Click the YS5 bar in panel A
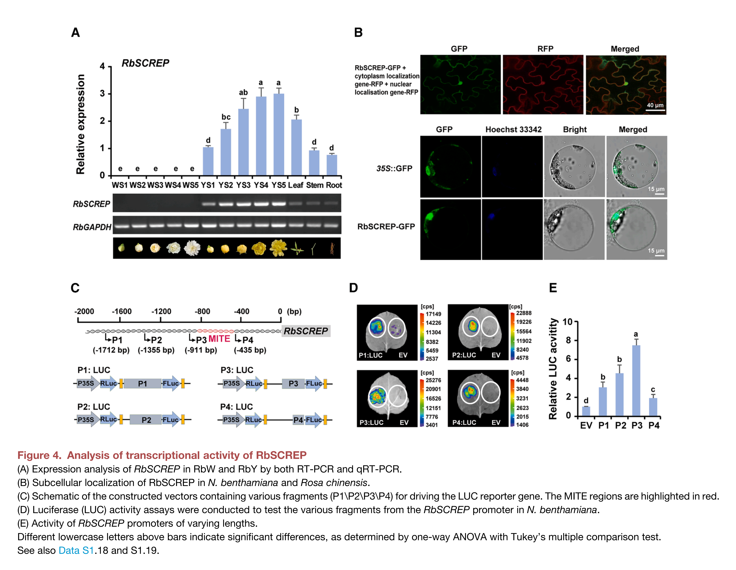278,135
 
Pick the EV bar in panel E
586,411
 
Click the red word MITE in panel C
219,339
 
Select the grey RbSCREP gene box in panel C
306,331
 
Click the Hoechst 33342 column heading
513,130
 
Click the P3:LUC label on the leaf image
371,422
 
